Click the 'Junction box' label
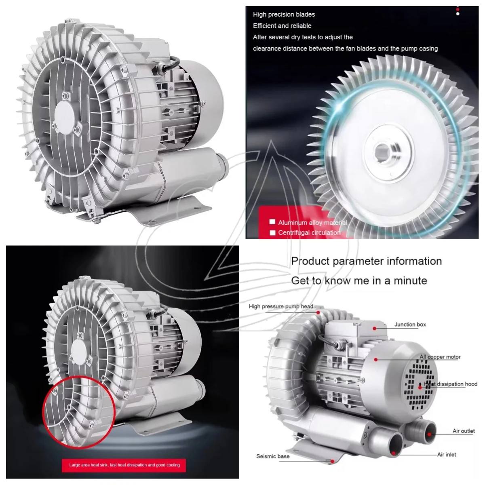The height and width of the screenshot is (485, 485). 410,325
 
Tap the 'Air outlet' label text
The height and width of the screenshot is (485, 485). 463,431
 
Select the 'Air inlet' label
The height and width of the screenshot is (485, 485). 446,455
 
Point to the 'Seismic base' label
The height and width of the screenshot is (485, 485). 272,456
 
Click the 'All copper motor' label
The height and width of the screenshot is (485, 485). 440,357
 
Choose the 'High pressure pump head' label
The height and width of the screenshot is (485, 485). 281,306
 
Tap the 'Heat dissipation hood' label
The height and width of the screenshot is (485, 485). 450,384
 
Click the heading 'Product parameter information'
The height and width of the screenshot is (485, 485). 366,261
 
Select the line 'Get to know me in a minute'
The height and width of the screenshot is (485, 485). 359,280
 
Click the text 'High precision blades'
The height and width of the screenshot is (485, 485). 284,14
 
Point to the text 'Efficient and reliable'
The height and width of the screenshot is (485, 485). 282,26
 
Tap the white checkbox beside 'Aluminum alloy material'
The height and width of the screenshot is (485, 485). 272,222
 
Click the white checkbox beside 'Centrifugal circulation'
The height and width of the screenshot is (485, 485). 272,232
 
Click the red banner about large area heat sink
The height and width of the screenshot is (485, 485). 124,465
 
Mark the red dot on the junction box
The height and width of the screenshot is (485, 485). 375,329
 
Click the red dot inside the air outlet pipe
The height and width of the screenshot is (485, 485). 429,434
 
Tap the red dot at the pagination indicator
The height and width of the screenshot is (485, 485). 458,9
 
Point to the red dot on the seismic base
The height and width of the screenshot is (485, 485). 332,461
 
